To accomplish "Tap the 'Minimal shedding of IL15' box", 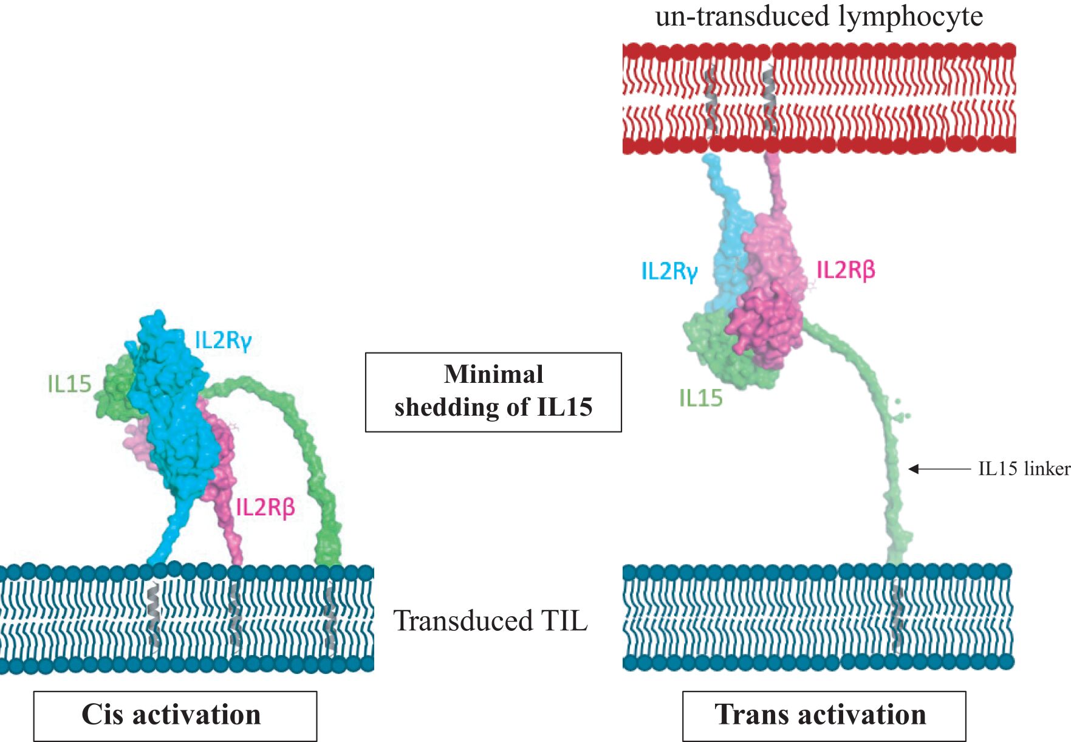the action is pos(493,392).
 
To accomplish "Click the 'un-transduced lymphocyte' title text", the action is pos(819,16).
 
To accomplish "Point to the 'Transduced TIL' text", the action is pos(491,620).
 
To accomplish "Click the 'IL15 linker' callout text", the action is pos(1024,469).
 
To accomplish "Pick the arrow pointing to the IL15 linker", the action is pos(940,469).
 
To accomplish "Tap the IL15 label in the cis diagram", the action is pos(69,384).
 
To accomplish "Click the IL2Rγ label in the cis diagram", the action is pos(223,340).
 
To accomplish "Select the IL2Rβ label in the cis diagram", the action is pos(265,507).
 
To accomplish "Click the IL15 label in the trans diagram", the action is pos(701,399).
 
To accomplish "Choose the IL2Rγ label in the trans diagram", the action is pos(669,271).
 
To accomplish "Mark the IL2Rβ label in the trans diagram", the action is pos(846,270).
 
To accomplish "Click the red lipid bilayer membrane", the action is pos(819,98).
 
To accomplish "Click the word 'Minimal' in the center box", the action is pos(493,374).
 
